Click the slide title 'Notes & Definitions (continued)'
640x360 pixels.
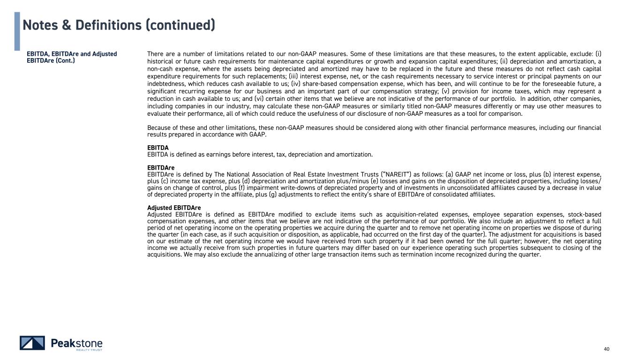coord(119,25)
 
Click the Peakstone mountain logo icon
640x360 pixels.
coord(32,343)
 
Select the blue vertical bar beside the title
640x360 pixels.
coord(17,31)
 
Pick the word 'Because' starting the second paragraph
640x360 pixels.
coord(159,127)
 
